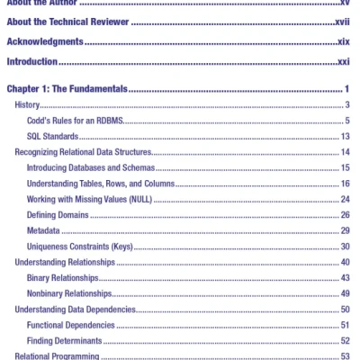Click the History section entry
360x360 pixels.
tap(28, 105)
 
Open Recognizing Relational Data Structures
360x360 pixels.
tap(82, 152)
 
